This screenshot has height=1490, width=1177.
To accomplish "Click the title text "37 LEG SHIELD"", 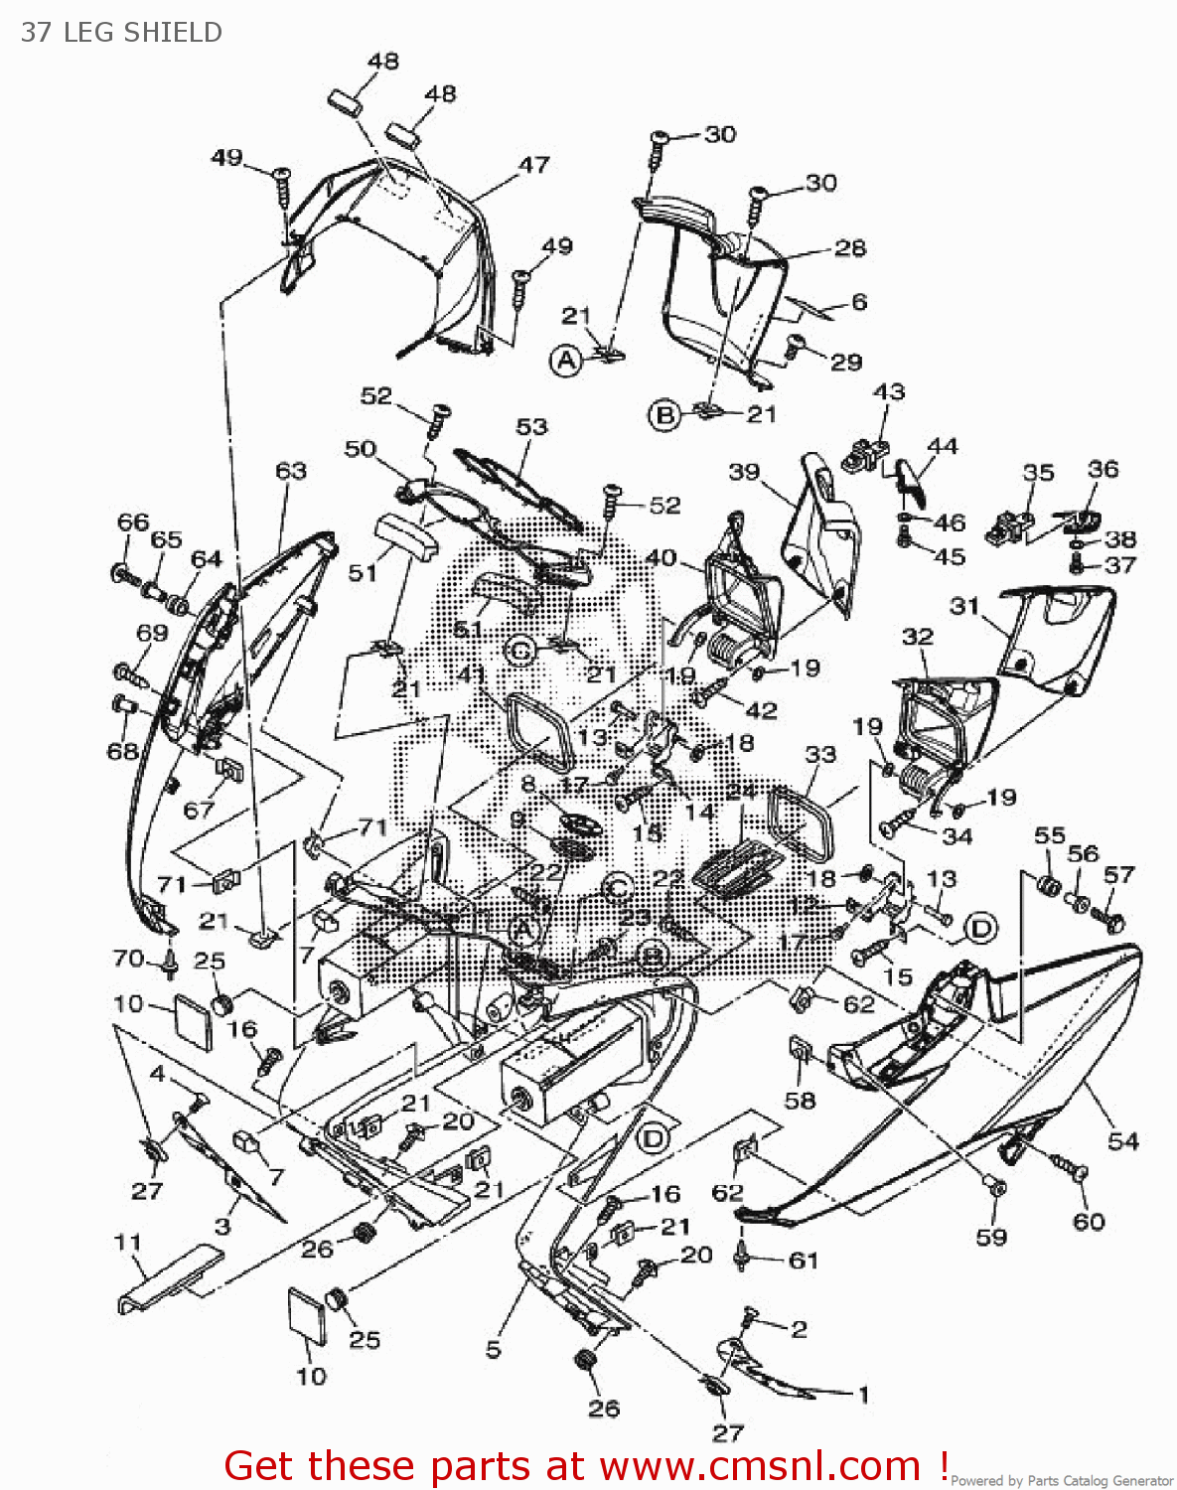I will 121,32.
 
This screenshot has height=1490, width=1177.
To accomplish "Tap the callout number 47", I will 533,165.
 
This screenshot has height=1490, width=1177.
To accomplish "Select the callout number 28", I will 849,247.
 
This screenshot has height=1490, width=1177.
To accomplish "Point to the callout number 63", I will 291,470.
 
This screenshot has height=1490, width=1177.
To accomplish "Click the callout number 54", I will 1122,1140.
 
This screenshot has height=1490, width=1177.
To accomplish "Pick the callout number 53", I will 531,426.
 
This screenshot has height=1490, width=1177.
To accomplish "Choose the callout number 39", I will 744,472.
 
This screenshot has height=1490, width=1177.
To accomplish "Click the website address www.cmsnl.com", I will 760,1466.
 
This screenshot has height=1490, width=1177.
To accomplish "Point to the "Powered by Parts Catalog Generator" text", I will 1062,1481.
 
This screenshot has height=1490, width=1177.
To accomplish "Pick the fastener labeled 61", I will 742,1256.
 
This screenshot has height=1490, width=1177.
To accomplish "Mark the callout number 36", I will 1103,469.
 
